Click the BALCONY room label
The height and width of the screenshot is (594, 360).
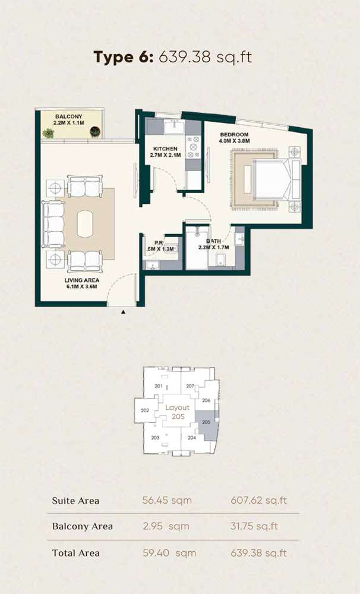click(69, 116)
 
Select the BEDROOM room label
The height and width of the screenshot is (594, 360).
click(233, 135)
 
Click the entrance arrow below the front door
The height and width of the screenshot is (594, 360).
click(124, 311)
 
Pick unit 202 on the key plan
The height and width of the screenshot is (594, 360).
click(144, 410)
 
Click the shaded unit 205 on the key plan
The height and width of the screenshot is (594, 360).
click(206, 422)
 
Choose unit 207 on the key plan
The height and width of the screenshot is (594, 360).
click(190, 386)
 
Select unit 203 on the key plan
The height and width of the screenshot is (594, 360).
click(156, 438)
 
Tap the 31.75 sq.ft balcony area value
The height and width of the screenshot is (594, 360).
click(254, 526)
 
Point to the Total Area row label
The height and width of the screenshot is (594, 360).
click(75, 553)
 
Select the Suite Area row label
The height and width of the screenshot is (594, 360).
click(75, 501)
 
